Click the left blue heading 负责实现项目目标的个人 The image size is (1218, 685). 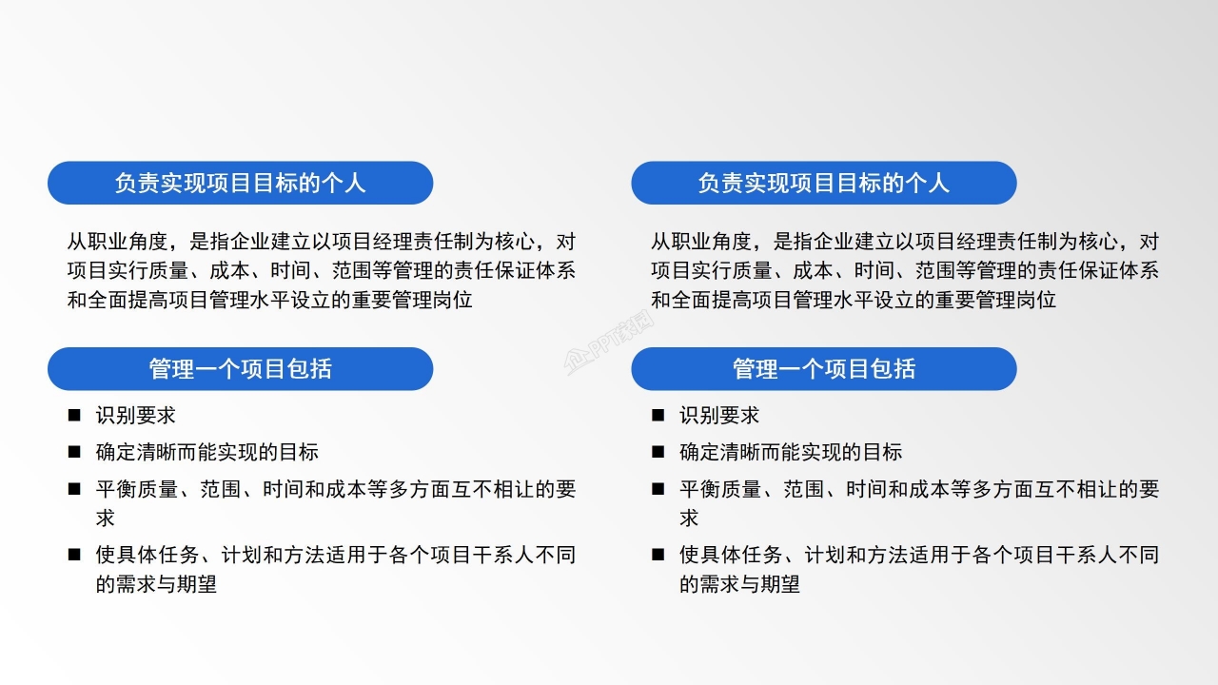coord(240,183)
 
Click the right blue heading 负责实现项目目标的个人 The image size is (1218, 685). coord(823,183)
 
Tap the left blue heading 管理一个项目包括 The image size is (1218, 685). coord(240,368)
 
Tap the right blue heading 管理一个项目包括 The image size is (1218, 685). coord(823,368)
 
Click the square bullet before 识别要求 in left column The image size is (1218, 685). coord(74,416)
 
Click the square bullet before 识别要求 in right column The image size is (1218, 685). coord(658,416)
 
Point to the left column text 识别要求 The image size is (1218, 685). coord(135,416)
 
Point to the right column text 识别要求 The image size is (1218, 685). coord(718,416)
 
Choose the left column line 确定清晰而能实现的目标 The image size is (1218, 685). coord(206,453)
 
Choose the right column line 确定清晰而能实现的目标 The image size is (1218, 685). coord(790,453)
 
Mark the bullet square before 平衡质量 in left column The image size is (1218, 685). coord(74,490)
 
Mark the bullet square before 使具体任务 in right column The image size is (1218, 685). coord(658,555)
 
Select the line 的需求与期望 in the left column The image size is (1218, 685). coord(156,584)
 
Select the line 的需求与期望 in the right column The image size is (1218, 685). coord(739,584)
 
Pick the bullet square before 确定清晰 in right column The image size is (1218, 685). coord(658,453)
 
